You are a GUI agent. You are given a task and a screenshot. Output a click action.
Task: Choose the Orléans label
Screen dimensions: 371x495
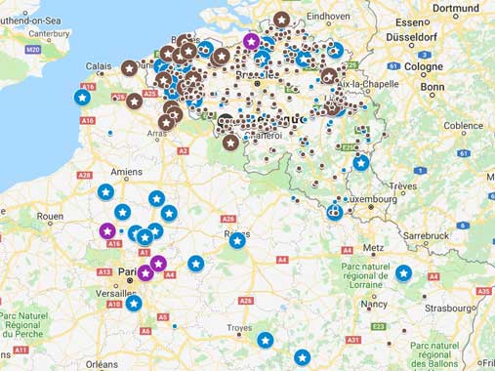103,363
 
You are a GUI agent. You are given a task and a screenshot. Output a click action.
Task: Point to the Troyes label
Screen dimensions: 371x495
239,328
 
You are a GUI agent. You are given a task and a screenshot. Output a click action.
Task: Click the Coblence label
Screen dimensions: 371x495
463,125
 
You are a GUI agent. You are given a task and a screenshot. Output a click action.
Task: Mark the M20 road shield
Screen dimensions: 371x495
33,48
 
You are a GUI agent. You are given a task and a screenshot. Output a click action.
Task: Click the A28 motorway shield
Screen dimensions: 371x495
84,176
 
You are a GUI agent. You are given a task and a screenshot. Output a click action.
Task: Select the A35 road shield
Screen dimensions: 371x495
483,291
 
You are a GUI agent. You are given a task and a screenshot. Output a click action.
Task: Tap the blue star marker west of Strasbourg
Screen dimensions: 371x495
403,273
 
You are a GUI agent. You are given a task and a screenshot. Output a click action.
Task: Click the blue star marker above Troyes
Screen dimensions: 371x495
266,340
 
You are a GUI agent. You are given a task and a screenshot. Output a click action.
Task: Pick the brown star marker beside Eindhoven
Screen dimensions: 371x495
281,19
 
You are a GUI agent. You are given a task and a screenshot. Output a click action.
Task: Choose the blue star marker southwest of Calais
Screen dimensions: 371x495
82,97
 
